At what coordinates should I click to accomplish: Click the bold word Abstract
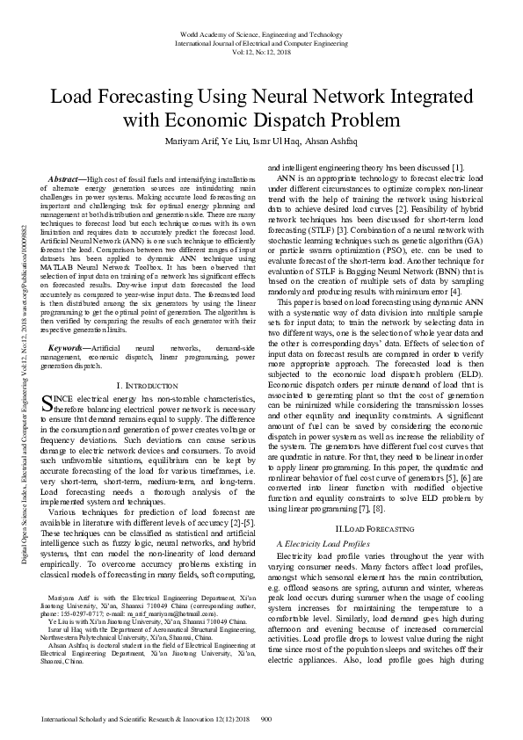point(66,179)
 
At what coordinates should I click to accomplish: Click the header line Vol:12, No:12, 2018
point(261,51)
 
